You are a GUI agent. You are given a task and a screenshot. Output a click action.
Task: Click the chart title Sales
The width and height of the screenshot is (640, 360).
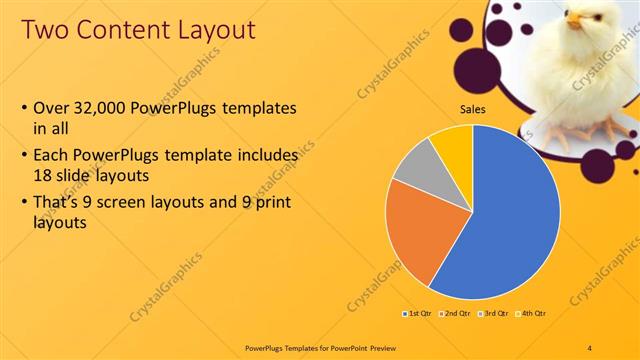pyautogui.click(x=473, y=109)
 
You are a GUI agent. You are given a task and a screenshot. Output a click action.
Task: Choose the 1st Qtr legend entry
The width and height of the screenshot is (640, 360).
pyautogui.click(x=418, y=314)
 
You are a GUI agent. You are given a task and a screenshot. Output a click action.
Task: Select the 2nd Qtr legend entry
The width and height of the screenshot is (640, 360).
pyautogui.click(x=455, y=314)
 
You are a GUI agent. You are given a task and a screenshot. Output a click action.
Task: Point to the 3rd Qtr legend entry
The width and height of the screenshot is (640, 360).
pyautogui.click(x=493, y=314)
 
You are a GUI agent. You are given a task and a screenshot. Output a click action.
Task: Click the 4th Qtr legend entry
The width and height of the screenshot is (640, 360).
pyautogui.click(x=531, y=314)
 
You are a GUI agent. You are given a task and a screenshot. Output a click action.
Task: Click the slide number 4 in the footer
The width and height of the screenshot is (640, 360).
pyautogui.click(x=590, y=347)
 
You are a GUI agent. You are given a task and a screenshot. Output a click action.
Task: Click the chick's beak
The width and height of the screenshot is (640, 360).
pyautogui.click(x=573, y=19)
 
